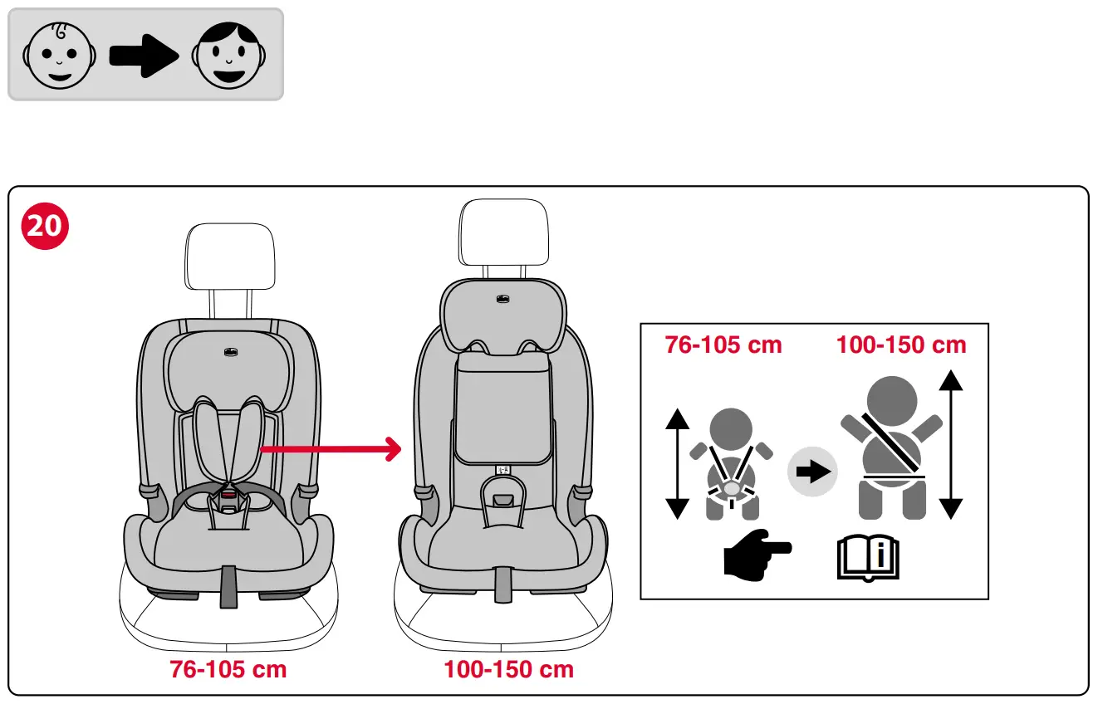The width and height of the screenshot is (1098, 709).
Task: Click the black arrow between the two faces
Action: [144, 55]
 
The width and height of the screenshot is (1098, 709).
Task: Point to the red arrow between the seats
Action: [331, 450]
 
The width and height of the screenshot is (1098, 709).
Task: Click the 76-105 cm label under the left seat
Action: [228, 669]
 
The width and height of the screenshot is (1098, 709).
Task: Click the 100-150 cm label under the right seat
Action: [508, 669]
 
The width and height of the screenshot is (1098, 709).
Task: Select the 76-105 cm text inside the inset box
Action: [723, 345]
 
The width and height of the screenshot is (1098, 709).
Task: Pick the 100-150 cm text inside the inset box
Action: [901, 345]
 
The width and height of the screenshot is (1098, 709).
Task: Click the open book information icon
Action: [868, 558]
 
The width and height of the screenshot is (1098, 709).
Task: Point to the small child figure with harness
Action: [731, 465]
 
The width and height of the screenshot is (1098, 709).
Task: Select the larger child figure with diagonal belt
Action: [891, 448]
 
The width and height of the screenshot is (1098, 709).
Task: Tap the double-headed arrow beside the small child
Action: [678, 464]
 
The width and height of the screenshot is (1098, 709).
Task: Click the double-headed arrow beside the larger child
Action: [950, 445]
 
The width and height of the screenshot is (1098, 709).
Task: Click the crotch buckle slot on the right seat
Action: [503, 501]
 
